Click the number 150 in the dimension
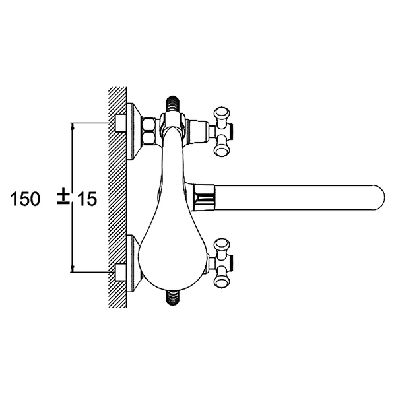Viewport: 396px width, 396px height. click(25, 199)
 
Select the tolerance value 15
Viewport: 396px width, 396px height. click(86, 199)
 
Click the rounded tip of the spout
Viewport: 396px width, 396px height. click(380, 197)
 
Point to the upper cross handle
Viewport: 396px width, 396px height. click(222, 132)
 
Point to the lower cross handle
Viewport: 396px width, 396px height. click(222, 263)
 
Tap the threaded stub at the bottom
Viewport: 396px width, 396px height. click(172, 298)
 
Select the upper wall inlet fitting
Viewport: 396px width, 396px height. click(121, 123)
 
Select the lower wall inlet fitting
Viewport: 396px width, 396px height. click(121, 272)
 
